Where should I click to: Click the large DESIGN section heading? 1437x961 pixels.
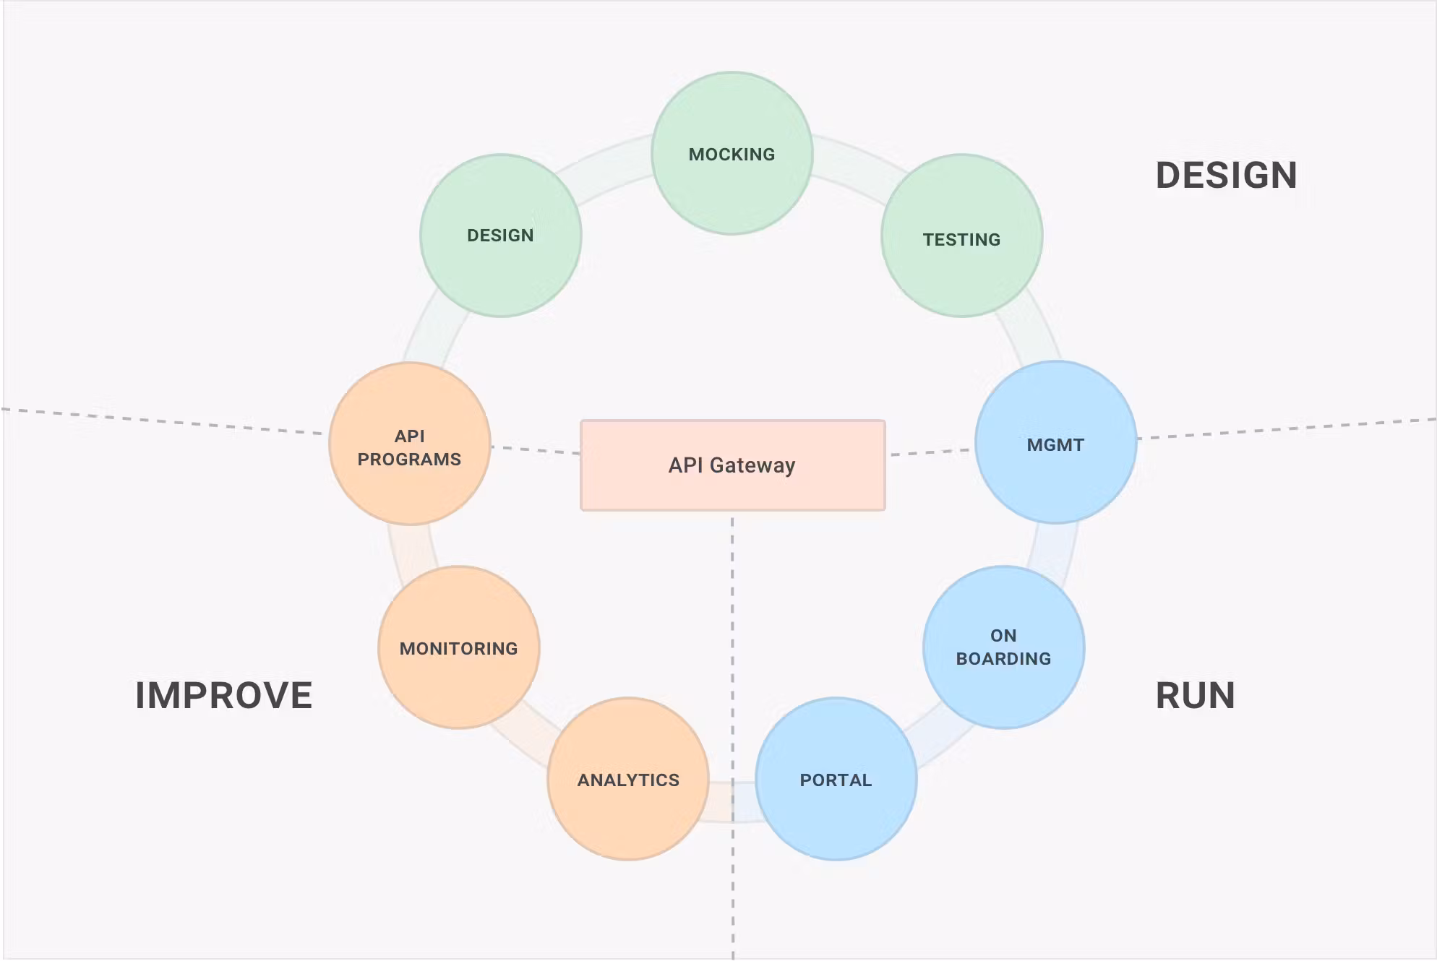tap(1226, 176)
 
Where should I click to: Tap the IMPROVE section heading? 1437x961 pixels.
tap(223, 695)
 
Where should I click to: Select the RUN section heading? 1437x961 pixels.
tap(1195, 695)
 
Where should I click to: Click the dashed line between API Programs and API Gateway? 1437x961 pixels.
tap(535, 450)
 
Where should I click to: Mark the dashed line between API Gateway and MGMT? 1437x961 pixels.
tap(930, 452)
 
